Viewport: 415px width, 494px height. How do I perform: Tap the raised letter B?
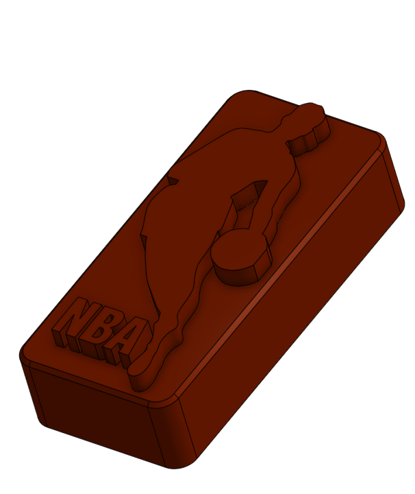pyautogui.click(x=100, y=334)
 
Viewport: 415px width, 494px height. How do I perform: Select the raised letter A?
pyautogui.click(x=126, y=342)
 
